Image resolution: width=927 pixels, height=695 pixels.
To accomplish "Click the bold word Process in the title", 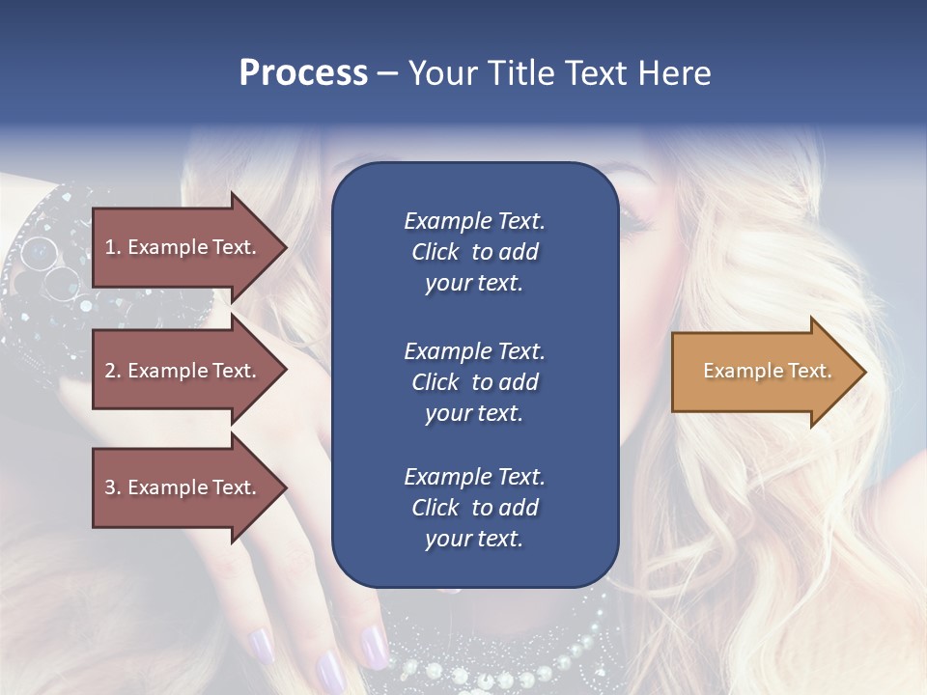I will point(303,73).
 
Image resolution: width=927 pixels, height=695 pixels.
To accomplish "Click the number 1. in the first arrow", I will point(112,247).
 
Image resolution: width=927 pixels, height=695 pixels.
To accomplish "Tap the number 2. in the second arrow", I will point(112,371).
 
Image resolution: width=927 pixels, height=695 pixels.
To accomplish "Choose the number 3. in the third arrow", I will point(112,487).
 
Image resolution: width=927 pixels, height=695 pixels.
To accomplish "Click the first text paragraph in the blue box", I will point(474,252).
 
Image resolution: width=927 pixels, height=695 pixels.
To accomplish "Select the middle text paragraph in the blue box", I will point(474,382).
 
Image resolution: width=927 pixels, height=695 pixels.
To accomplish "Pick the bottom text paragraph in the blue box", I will point(474,508).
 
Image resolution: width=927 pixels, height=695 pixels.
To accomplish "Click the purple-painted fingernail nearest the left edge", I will point(258,644).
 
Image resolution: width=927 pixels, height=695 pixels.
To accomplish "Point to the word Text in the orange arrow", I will point(811,371).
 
